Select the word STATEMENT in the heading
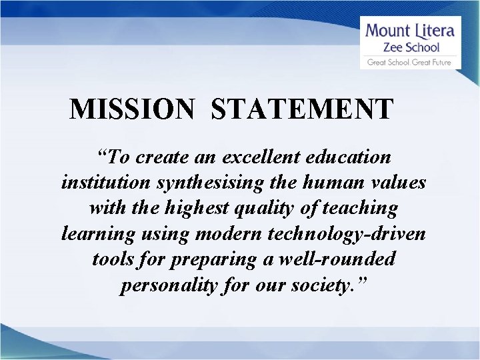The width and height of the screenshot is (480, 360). pyautogui.click(x=302, y=109)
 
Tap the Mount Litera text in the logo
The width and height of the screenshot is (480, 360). pyautogui.click(x=410, y=31)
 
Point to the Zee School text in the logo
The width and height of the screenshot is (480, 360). pyautogui.click(x=410, y=47)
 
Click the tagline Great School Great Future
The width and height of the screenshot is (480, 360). pyautogui.click(x=410, y=63)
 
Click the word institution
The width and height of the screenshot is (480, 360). pyautogui.click(x=95, y=182)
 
